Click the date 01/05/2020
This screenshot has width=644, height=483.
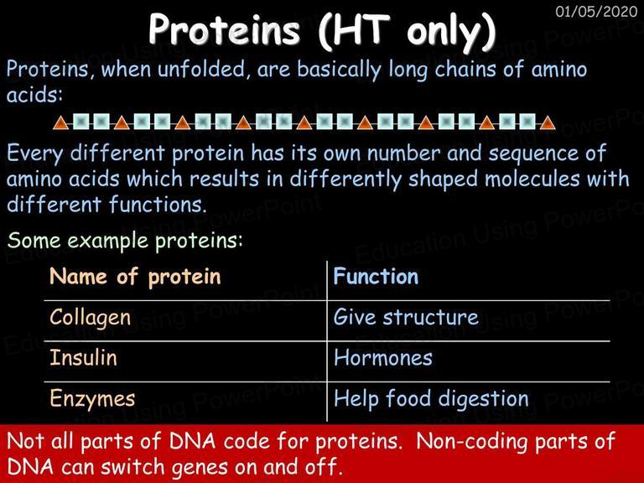tap(596, 12)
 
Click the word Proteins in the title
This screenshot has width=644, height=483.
tap(224, 29)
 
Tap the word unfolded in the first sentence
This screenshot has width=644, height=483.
tap(201, 69)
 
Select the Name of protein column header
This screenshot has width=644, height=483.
tap(135, 277)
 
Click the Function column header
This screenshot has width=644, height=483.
tap(376, 276)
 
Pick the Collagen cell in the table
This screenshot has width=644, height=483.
tap(91, 318)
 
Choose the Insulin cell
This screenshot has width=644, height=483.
tap(83, 357)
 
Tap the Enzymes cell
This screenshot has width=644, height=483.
tap(92, 399)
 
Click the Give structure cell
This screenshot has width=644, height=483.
tap(406, 317)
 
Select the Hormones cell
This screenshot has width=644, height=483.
tap(383, 357)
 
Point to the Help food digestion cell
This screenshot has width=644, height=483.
tap(431, 399)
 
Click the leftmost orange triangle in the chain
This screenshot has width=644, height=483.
tap(60, 122)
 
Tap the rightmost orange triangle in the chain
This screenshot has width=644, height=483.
tap(548, 122)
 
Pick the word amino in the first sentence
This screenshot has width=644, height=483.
tap(559, 69)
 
